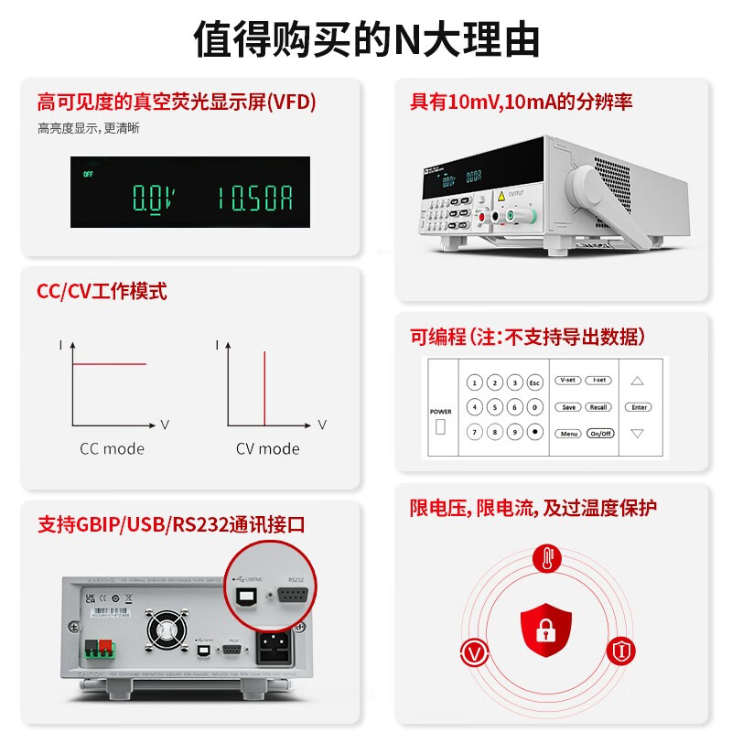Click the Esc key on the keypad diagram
(535, 382)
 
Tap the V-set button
(568, 381)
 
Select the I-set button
(600, 381)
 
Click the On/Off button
(600, 434)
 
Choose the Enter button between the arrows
(639, 406)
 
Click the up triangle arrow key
(639, 381)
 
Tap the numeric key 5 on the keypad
(495, 407)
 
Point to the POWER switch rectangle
(440, 427)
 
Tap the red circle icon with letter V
(473, 652)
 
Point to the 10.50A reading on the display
(254, 197)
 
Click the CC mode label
(112, 449)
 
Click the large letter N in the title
(406, 41)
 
